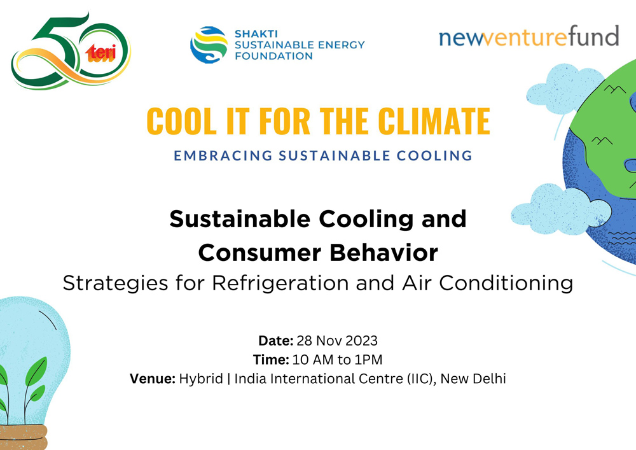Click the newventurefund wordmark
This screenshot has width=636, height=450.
[529, 37]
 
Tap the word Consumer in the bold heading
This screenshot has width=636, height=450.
[259, 253]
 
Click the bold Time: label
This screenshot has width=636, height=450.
[272, 360]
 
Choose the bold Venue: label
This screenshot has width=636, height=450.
[153, 379]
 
